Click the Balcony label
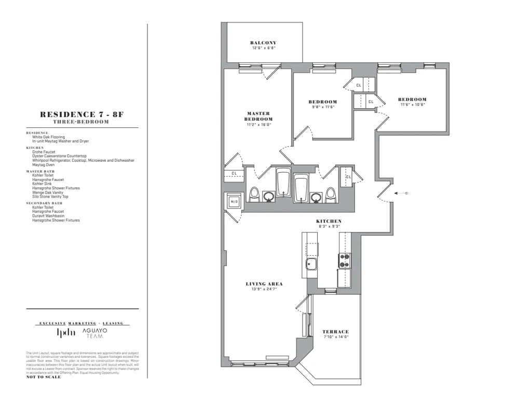[263, 43]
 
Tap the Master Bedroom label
[259, 116]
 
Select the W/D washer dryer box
[234, 201]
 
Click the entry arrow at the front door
[402, 193]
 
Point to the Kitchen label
[329, 222]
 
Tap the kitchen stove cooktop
[345, 260]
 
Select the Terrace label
[335, 332]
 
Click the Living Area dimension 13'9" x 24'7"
[264, 289]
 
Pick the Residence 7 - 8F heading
[81, 115]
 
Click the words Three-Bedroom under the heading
[81, 122]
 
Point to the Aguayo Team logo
[94, 333]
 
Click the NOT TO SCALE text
[43, 377]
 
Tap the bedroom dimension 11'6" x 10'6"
[413, 105]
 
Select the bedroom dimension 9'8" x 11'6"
[322, 107]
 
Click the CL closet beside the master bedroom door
[234, 174]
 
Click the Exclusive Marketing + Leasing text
[81, 323]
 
